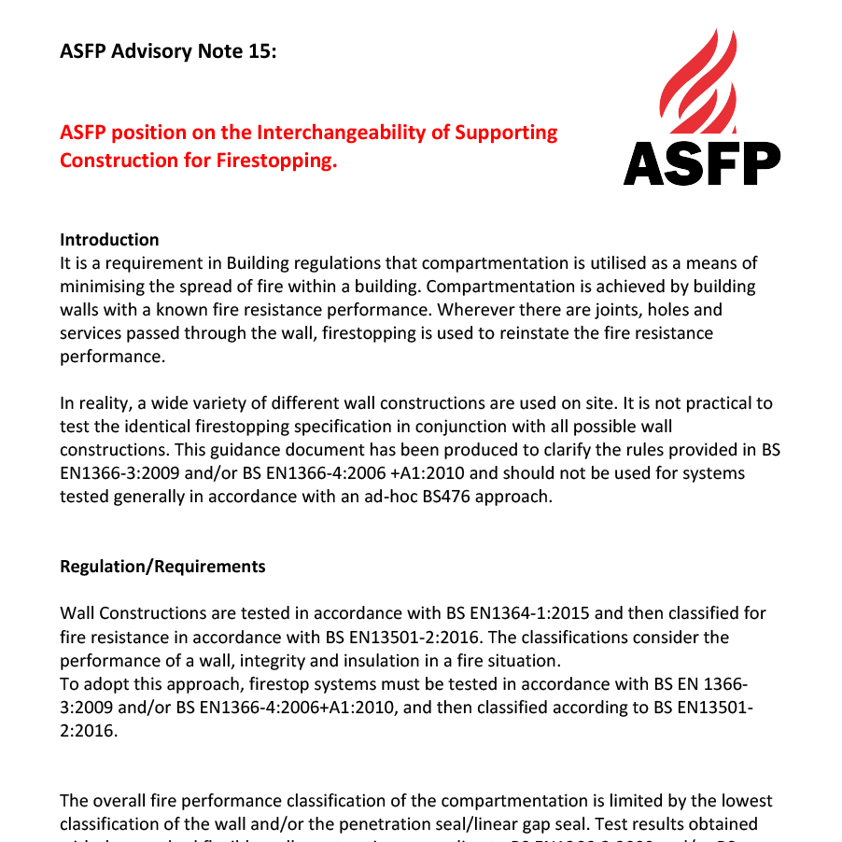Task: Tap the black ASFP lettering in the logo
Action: [x=701, y=163]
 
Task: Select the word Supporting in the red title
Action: [x=506, y=133]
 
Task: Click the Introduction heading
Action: [x=109, y=240]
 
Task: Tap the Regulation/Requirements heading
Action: [x=162, y=567]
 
